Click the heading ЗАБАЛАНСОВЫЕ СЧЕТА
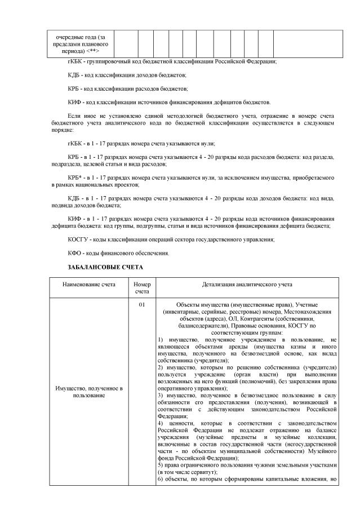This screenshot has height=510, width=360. pos(105,266)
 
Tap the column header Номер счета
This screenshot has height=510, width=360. pos(142,288)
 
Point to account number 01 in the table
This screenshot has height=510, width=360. pos(142,305)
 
